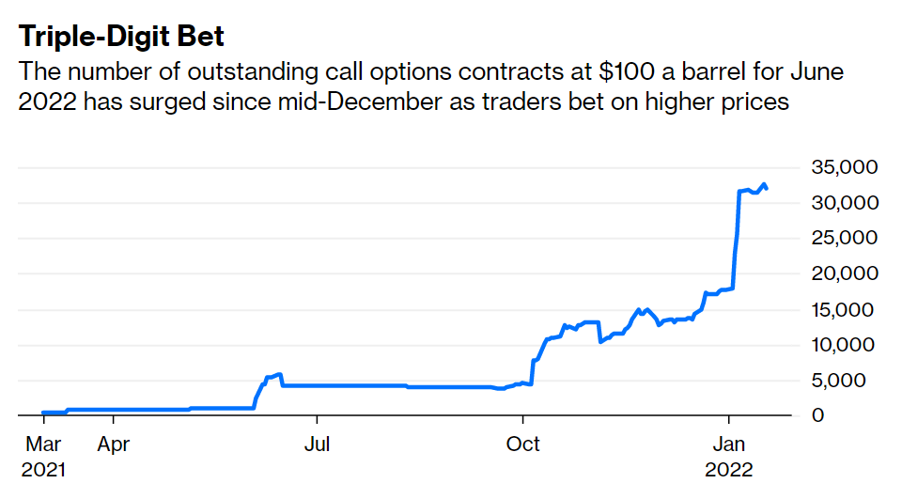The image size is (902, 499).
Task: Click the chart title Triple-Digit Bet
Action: (x=122, y=37)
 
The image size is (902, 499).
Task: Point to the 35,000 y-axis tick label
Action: (x=844, y=167)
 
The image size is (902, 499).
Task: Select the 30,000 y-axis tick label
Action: (x=844, y=203)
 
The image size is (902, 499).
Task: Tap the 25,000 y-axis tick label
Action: (x=844, y=239)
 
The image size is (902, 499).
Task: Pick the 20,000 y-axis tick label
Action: (x=844, y=273)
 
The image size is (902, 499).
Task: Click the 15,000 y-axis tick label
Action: (x=844, y=309)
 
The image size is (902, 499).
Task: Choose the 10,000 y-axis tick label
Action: (x=844, y=345)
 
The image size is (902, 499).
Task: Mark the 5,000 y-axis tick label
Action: (x=849, y=381)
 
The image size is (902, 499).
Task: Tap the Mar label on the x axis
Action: (x=43, y=444)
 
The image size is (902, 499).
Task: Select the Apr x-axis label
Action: (x=113, y=444)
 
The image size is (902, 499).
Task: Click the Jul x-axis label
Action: (x=318, y=444)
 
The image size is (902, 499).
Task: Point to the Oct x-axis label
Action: (x=523, y=444)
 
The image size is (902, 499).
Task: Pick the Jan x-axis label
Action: (x=728, y=444)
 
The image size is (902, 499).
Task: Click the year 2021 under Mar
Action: (x=43, y=468)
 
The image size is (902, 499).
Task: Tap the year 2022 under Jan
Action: (x=729, y=468)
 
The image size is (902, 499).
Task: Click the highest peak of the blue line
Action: (x=764, y=184)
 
